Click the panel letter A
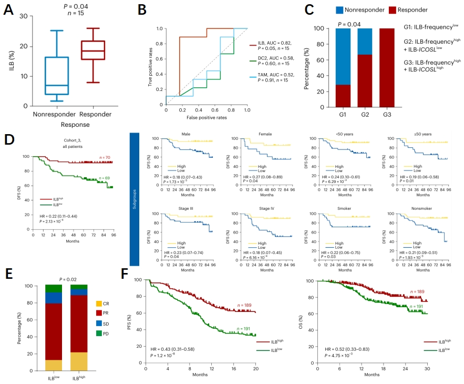tap(9, 10)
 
